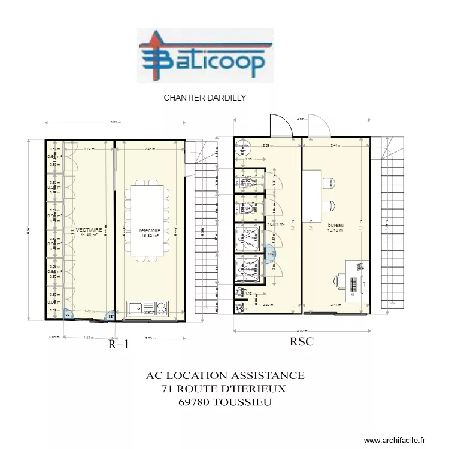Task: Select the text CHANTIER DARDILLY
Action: click(205, 97)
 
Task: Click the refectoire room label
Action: click(149, 230)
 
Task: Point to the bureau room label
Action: click(335, 225)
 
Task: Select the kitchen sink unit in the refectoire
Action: click(148, 308)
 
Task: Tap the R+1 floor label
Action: click(118, 344)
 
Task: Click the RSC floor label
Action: click(302, 342)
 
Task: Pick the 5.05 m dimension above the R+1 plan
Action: click(114, 123)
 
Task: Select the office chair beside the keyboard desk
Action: click(341, 281)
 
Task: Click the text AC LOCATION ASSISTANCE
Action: click(224, 376)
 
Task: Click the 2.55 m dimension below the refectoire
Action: click(150, 338)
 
